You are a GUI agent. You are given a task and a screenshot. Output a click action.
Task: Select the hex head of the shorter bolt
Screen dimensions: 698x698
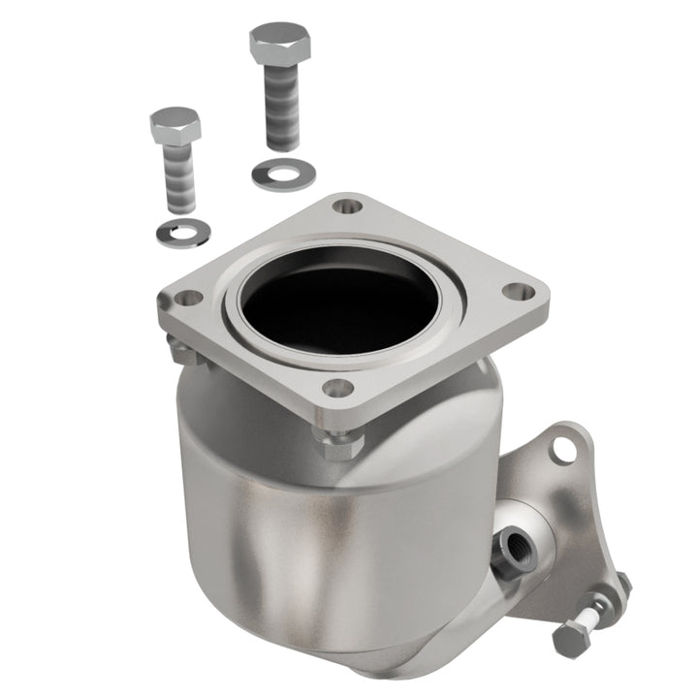(x=174, y=126)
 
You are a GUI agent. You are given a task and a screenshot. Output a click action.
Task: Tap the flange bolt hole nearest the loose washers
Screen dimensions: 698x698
(x=346, y=206)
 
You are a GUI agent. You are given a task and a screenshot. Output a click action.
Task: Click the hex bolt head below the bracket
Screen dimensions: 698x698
(x=570, y=640)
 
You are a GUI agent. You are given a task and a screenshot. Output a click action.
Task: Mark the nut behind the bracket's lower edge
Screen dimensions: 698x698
(x=620, y=587)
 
